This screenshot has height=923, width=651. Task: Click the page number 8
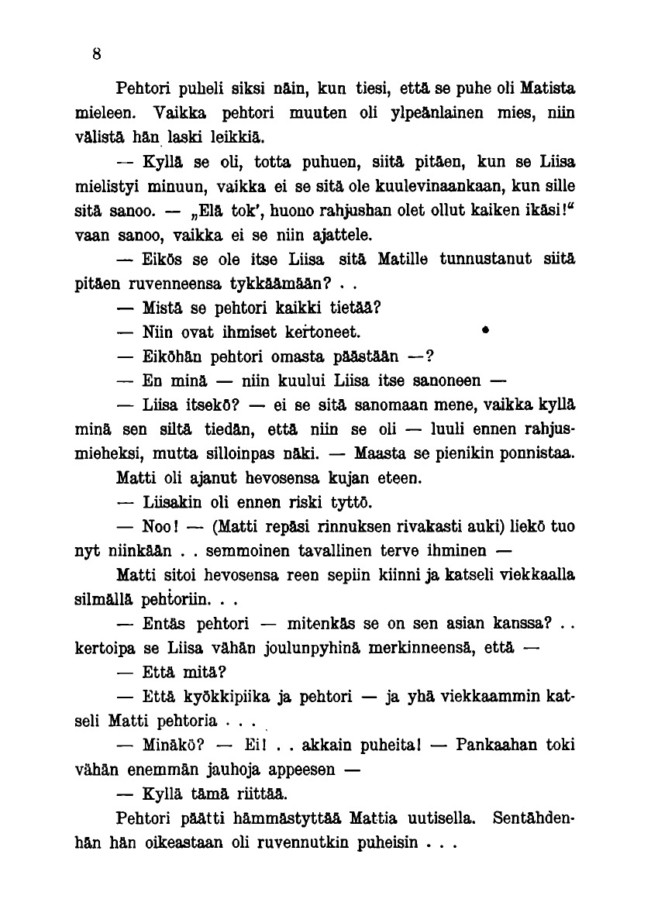tap(97, 54)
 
